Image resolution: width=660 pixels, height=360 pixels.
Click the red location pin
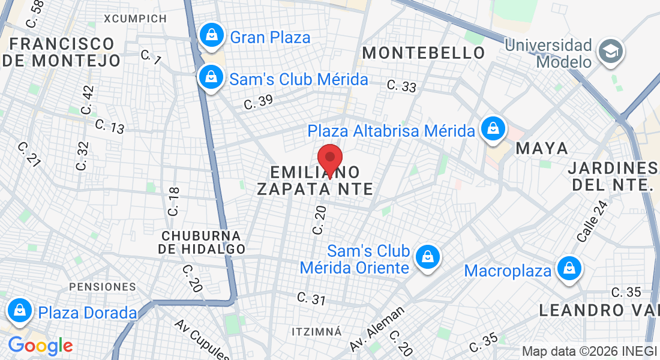click(x=329, y=159)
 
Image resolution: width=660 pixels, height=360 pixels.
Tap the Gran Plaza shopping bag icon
click(x=211, y=35)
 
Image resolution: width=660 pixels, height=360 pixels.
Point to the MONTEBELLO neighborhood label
click(x=424, y=53)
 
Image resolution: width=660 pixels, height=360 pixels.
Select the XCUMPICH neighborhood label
click(x=135, y=19)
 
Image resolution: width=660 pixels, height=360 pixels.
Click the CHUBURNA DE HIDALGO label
click(x=202, y=242)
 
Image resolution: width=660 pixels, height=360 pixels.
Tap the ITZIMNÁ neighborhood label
click(x=316, y=331)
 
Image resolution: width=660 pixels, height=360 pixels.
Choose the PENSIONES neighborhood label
click(x=103, y=287)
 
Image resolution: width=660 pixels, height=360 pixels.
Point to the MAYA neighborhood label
click(x=542, y=148)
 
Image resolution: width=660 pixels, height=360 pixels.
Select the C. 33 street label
click(x=401, y=86)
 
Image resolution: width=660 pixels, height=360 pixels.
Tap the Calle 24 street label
click(x=592, y=221)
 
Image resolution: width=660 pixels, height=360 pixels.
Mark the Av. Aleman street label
click(x=377, y=328)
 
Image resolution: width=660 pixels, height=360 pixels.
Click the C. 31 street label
click(x=311, y=298)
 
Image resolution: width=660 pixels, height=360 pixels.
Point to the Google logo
click(x=40, y=346)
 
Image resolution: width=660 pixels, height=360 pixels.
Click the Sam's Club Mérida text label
click(x=299, y=79)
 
